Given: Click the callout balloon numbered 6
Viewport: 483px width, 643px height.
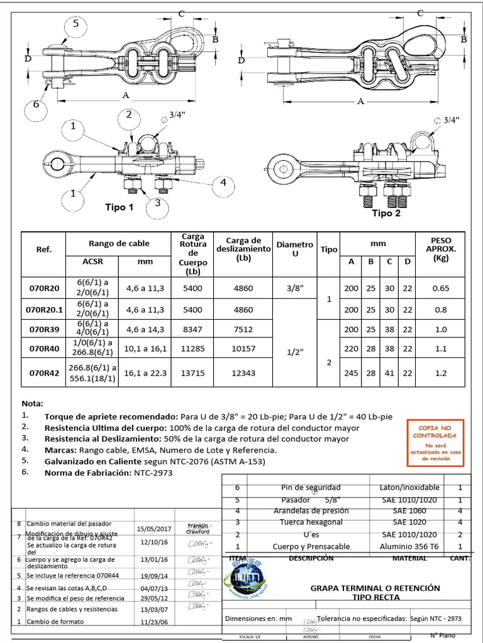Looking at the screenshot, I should coord(36,105).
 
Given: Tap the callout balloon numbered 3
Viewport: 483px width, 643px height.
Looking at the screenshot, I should coord(157,203).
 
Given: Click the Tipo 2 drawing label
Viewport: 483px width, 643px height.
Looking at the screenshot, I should coord(386,213).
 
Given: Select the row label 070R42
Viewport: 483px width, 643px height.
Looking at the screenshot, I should coord(43,372).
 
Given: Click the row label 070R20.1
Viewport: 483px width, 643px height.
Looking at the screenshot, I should coord(45,310).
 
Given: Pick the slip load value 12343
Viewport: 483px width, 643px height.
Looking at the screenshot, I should coord(243,373).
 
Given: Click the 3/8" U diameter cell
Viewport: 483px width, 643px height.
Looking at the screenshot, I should coord(294,288).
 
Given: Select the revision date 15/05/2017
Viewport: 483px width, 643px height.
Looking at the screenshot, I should coord(154,529).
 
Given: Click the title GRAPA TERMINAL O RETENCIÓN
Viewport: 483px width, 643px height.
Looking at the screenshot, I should coord(375,588).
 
